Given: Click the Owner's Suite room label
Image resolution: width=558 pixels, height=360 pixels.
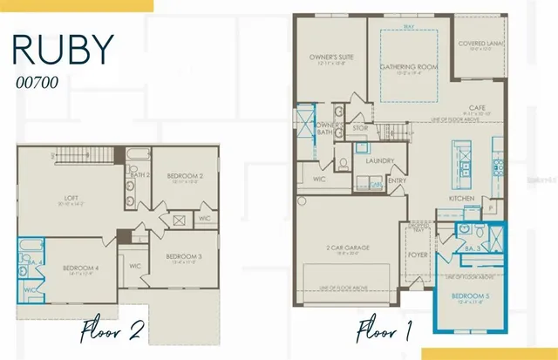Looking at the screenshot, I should (x=329, y=58).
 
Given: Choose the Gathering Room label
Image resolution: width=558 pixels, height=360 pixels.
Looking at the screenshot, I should (x=408, y=66).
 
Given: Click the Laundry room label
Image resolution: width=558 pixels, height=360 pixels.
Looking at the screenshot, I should (x=380, y=160).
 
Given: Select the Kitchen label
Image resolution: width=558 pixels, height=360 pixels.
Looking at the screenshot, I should (x=461, y=199).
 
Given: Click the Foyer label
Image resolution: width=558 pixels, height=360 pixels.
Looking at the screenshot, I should (x=415, y=256).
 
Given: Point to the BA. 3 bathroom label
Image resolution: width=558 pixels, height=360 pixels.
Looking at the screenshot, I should (x=471, y=248).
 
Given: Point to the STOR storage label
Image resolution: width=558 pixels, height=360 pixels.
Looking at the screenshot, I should (x=359, y=128).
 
